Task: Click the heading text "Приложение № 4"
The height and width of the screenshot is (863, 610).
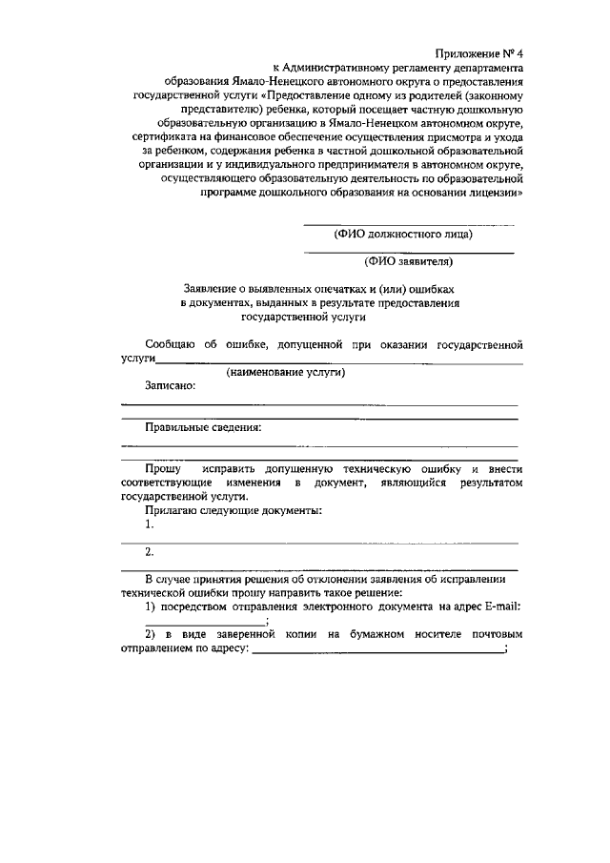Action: pos(478,53)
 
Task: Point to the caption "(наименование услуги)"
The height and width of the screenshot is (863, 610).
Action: pos(285,372)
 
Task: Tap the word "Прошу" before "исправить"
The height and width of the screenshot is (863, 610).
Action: pos(163,470)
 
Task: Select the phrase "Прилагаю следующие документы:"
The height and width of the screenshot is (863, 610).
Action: pos(233,511)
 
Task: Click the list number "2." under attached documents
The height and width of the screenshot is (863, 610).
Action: pos(150,552)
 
